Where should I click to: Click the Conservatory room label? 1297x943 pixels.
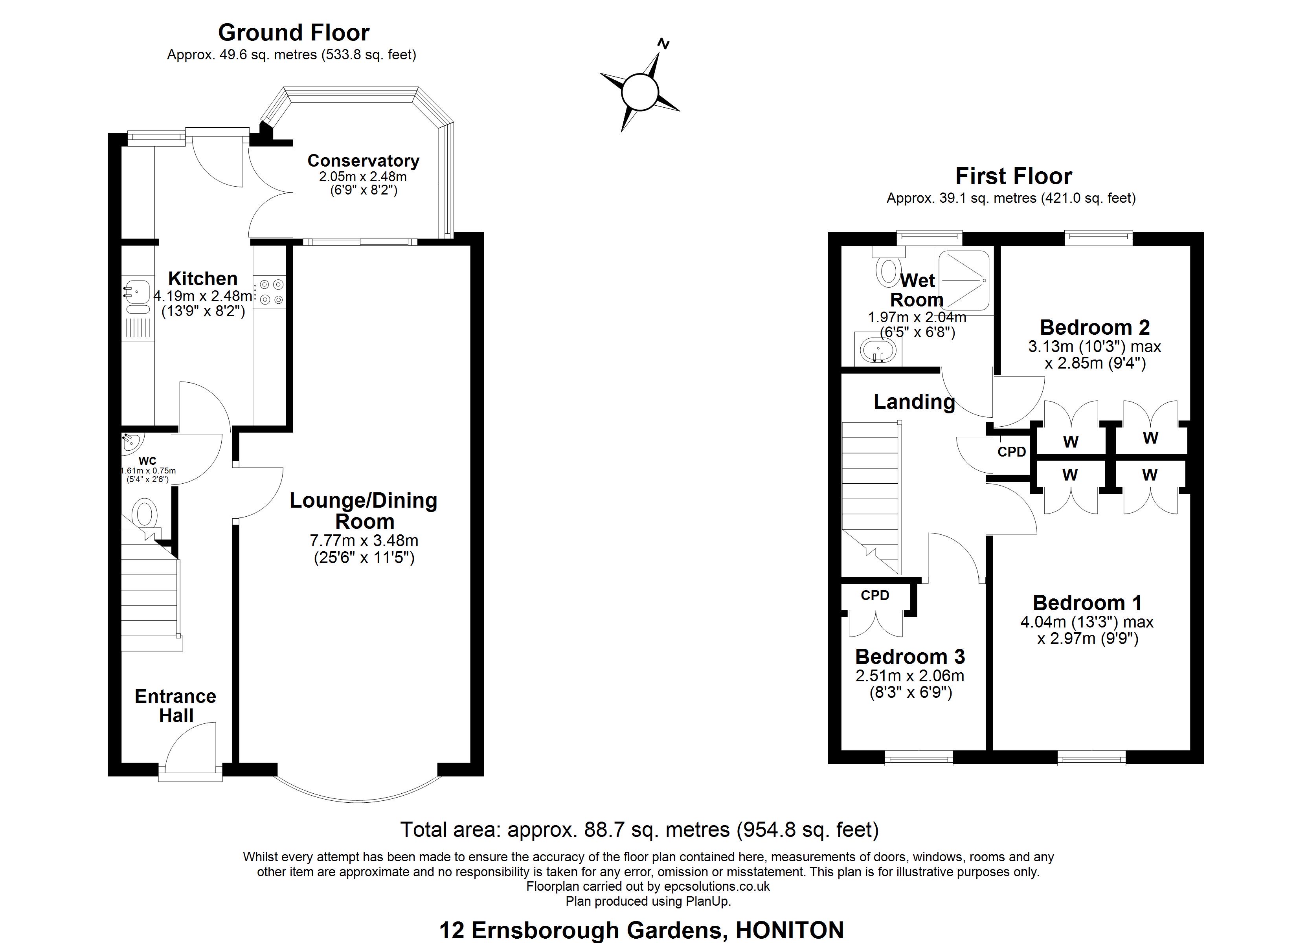pos(363,161)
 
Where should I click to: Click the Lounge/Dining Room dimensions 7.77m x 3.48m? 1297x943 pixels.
pos(364,540)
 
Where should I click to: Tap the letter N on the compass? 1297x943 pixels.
pos(663,44)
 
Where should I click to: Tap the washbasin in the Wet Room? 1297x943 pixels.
pos(878,349)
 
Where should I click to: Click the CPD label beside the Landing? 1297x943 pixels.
pos(1012,452)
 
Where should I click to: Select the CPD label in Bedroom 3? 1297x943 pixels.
pos(875,595)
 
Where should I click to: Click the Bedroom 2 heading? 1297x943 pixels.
pos(1095,327)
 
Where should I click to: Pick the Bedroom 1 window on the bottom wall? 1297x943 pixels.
pos(1092,759)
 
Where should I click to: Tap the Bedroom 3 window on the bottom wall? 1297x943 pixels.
pos(919,759)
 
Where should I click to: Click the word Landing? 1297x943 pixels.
pos(914,402)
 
